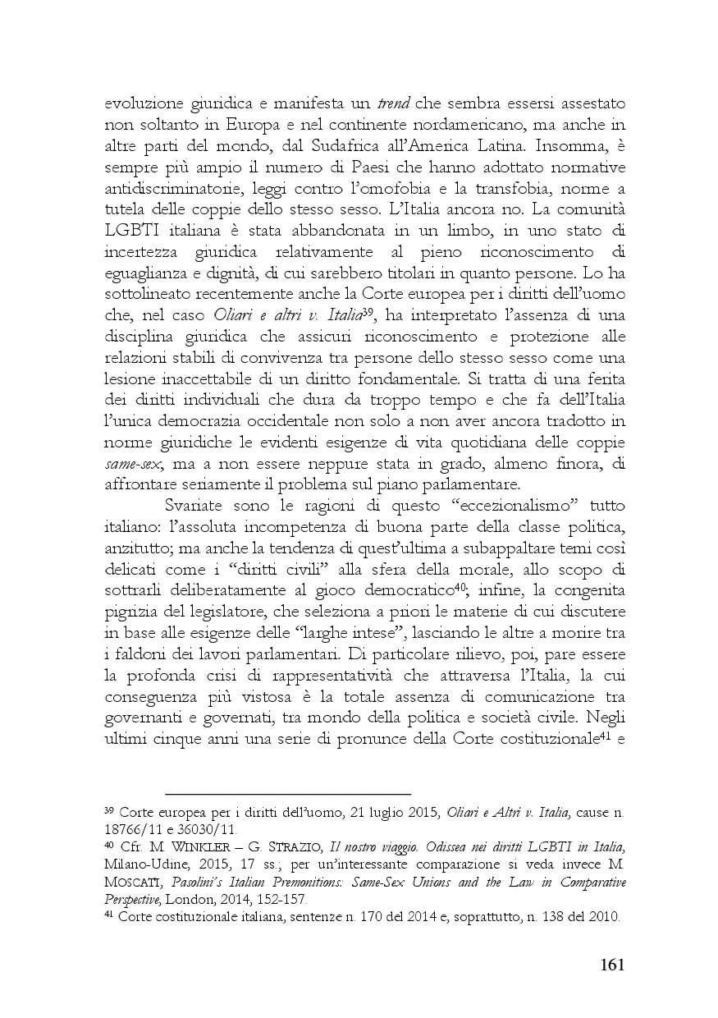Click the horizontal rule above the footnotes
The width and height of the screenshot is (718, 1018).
[x=287, y=794]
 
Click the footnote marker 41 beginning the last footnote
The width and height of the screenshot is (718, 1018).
[x=109, y=916]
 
